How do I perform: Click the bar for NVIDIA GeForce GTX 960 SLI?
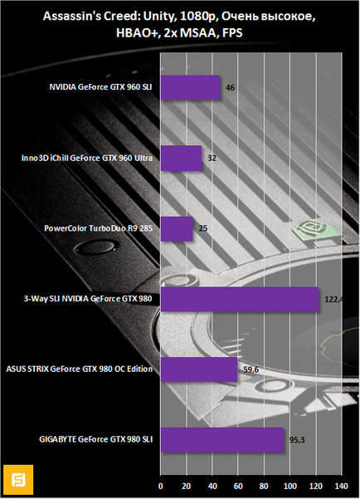(x=190, y=88)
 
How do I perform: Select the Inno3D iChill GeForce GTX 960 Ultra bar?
(x=182, y=158)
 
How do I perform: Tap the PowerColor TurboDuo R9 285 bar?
(x=177, y=229)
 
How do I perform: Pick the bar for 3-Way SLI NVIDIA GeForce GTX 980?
(x=240, y=299)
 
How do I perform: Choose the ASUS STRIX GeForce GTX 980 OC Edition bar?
(x=199, y=369)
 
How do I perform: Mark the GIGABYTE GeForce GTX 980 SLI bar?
(x=222, y=440)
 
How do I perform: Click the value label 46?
(x=230, y=87)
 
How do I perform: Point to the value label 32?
(x=212, y=158)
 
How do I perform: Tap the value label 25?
(x=203, y=228)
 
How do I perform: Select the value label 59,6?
(x=251, y=369)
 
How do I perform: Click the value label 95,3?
(x=297, y=440)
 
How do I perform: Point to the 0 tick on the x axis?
(x=161, y=486)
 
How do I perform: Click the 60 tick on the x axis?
(x=238, y=486)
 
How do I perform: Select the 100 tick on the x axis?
(x=290, y=486)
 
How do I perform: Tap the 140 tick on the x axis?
(x=342, y=486)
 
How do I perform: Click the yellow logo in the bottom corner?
(x=18, y=479)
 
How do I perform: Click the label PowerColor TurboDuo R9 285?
(x=98, y=228)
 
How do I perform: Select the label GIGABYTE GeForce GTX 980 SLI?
(x=95, y=439)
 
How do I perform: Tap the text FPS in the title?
(x=232, y=33)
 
